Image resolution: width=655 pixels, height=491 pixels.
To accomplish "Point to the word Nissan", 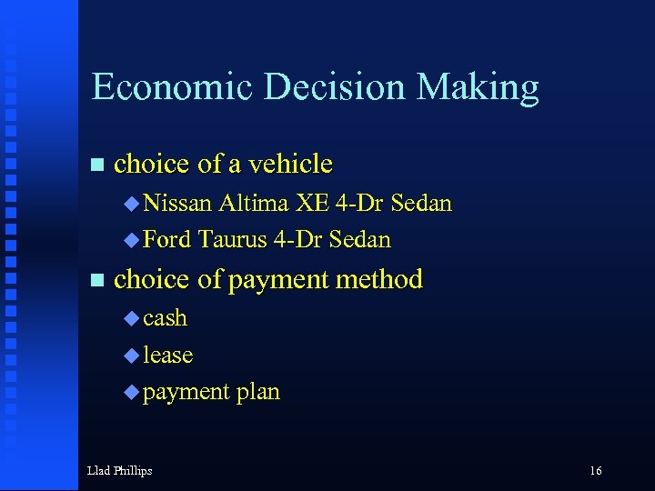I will (177, 203).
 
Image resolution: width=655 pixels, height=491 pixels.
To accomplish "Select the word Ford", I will (167, 239).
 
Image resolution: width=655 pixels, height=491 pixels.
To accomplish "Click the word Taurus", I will (232, 239).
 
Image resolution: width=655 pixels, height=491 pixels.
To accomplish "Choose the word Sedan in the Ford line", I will (359, 239).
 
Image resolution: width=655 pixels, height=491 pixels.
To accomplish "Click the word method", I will (379, 279).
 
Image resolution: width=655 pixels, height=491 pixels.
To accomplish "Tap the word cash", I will (165, 318).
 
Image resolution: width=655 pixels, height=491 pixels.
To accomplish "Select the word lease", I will (167, 355).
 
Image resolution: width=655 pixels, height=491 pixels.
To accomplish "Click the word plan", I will (258, 392).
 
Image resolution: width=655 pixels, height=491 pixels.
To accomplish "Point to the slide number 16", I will (596, 470).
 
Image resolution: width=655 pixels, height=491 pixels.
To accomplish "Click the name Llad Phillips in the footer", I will (119, 470).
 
